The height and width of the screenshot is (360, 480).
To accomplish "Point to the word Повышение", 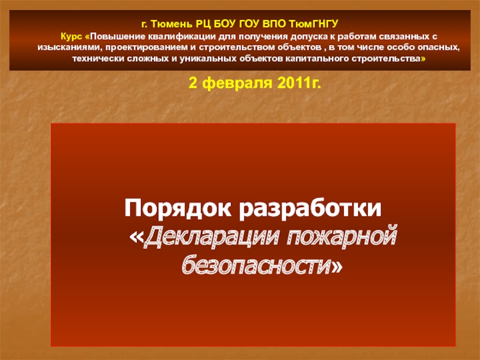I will (x=119, y=37).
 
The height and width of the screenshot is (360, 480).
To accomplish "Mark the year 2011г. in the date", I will (x=299, y=82).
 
